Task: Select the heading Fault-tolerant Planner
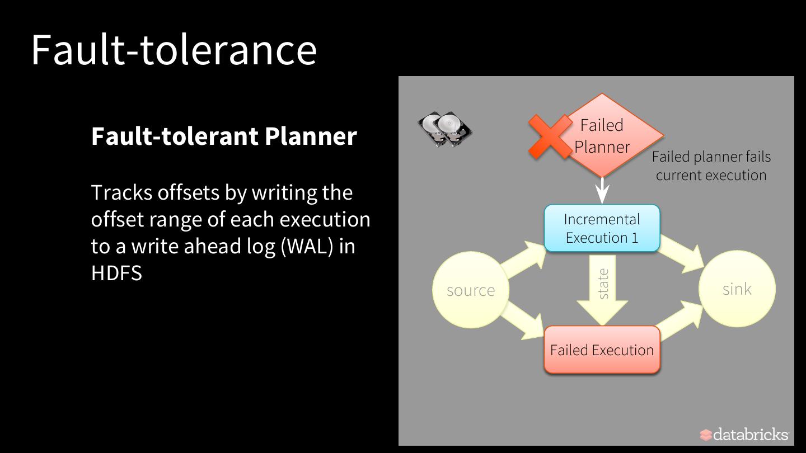click(224, 136)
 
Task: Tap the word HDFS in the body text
click(116, 273)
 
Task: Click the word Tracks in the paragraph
click(121, 192)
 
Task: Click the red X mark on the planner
click(550, 136)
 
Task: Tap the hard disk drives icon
click(445, 129)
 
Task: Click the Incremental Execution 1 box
click(602, 228)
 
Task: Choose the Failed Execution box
click(602, 350)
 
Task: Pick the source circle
click(471, 290)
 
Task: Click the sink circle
click(737, 289)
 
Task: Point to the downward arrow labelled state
click(602, 291)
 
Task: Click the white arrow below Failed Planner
click(602, 191)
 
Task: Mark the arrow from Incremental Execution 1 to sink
click(683, 254)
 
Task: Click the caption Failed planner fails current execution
click(711, 166)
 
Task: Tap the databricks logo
click(744, 435)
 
